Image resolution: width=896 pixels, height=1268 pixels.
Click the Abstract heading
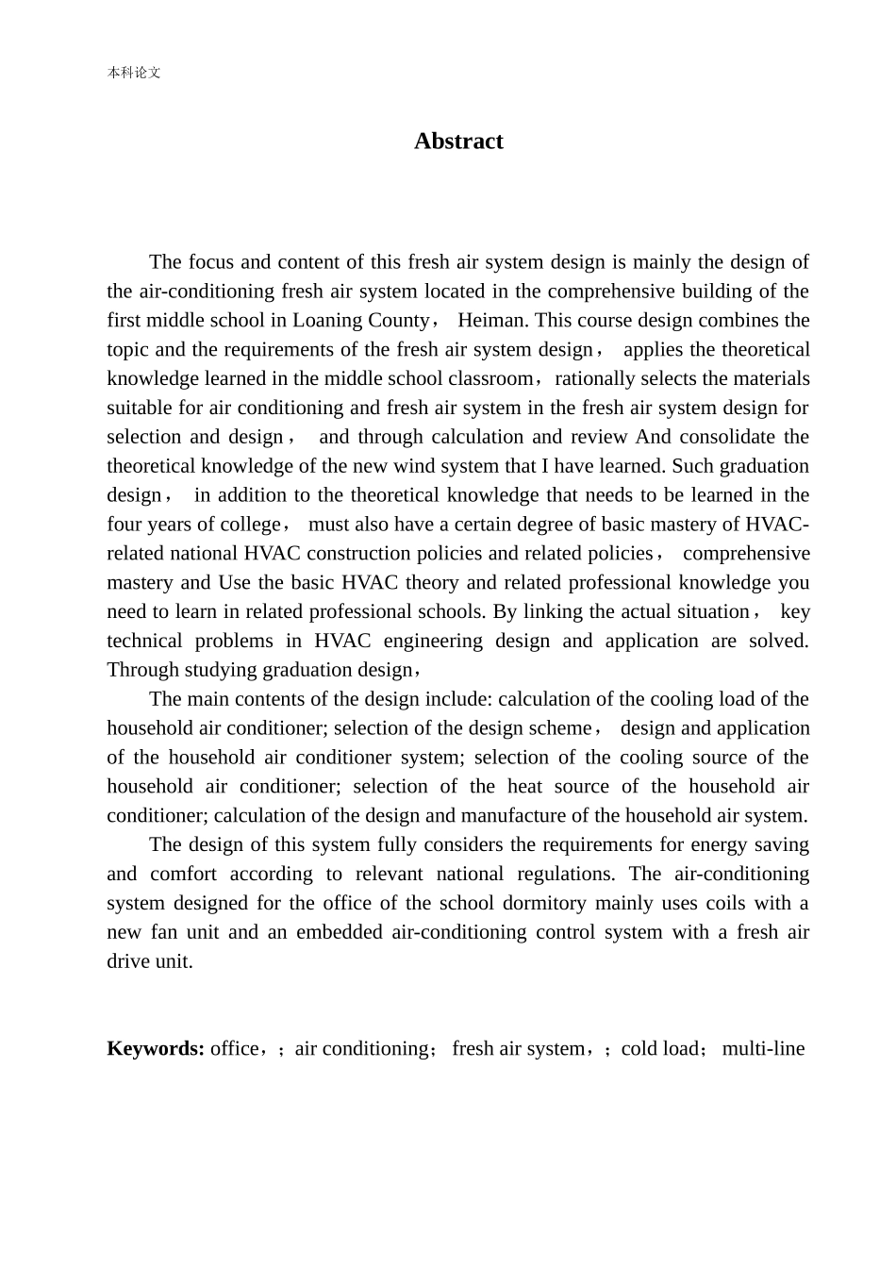pyautogui.click(x=458, y=142)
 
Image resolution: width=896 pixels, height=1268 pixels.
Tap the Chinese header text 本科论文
pyautogui.click(x=134, y=73)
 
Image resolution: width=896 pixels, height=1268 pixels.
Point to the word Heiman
pyautogui.click(x=490, y=321)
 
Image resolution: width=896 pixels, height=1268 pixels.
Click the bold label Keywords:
pyautogui.click(x=156, y=1049)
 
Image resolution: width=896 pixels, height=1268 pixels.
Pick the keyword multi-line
pyautogui.click(x=763, y=1049)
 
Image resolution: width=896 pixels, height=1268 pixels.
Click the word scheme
pyautogui.click(x=562, y=728)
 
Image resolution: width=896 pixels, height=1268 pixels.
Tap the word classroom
pyautogui.click(x=489, y=379)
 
